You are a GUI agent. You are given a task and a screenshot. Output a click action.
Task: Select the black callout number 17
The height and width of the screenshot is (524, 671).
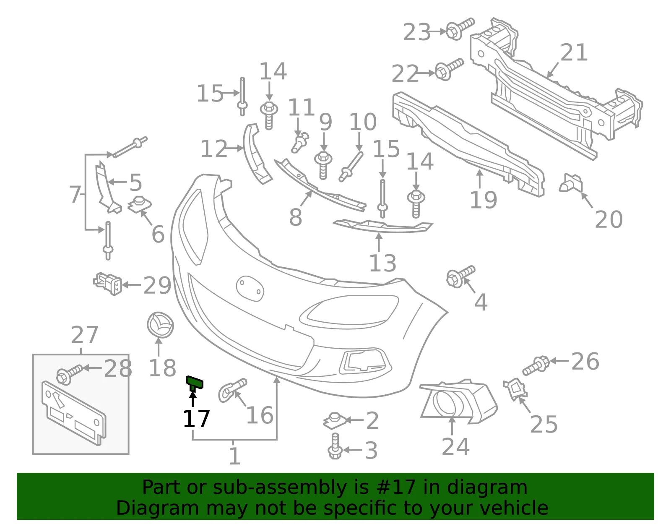[196, 419]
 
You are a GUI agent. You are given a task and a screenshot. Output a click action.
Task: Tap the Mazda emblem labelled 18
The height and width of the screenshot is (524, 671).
[160, 325]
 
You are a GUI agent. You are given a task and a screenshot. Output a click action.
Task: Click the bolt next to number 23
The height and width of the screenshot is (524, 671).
[460, 29]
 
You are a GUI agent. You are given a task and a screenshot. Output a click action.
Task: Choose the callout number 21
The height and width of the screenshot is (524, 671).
[574, 52]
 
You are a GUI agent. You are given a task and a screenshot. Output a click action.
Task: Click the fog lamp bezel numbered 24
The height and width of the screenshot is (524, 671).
[458, 401]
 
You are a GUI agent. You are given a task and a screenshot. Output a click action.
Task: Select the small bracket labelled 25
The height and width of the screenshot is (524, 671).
[515, 389]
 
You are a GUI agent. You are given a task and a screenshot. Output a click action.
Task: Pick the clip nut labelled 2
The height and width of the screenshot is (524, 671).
[335, 420]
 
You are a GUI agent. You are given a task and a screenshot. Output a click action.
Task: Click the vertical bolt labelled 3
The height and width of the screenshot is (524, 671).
[335, 446]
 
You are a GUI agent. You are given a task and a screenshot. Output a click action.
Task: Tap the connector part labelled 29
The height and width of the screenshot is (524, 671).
[108, 284]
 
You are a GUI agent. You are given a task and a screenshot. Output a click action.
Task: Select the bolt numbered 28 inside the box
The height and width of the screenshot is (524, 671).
[69, 374]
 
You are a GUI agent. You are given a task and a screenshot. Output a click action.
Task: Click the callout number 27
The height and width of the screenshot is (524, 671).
[85, 335]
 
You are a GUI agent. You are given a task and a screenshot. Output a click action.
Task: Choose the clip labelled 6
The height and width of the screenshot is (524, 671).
[140, 204]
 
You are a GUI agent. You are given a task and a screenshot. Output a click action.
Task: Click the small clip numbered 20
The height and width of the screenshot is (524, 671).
[571, 183]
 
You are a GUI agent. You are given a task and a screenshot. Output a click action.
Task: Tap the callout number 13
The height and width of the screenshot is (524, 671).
[382, 263]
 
